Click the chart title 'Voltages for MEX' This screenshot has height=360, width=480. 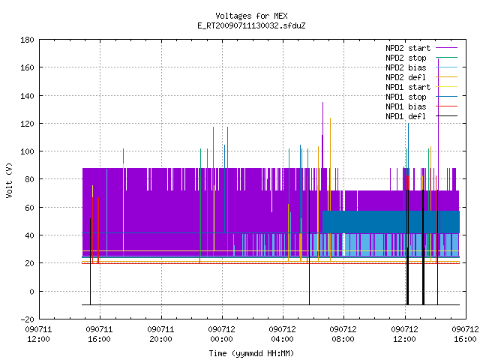(251, 16)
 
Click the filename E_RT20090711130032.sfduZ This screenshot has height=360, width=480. (251, 25)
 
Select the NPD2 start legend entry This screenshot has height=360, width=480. (421, 48)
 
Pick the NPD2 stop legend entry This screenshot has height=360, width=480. (421, 58)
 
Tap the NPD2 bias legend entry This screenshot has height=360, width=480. (421, 67)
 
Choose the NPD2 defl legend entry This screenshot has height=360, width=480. (421, 77)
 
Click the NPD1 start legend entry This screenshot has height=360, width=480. (421, 87)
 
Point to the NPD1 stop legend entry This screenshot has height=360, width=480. (421, 97)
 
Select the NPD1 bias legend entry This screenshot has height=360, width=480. (421, 106)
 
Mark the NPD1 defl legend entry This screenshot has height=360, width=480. (421, 117)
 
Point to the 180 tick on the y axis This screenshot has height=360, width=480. (27, 40)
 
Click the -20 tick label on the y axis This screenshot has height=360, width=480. (27, 319)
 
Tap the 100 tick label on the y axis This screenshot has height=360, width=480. (27, 151)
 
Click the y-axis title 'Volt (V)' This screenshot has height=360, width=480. (9, 180)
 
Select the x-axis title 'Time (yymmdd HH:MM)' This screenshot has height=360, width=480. (251, 353)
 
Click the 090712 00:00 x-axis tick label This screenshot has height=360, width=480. (222, 334)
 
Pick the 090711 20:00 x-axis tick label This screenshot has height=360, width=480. (160, 334)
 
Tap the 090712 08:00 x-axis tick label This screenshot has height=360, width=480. (343, 334)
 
